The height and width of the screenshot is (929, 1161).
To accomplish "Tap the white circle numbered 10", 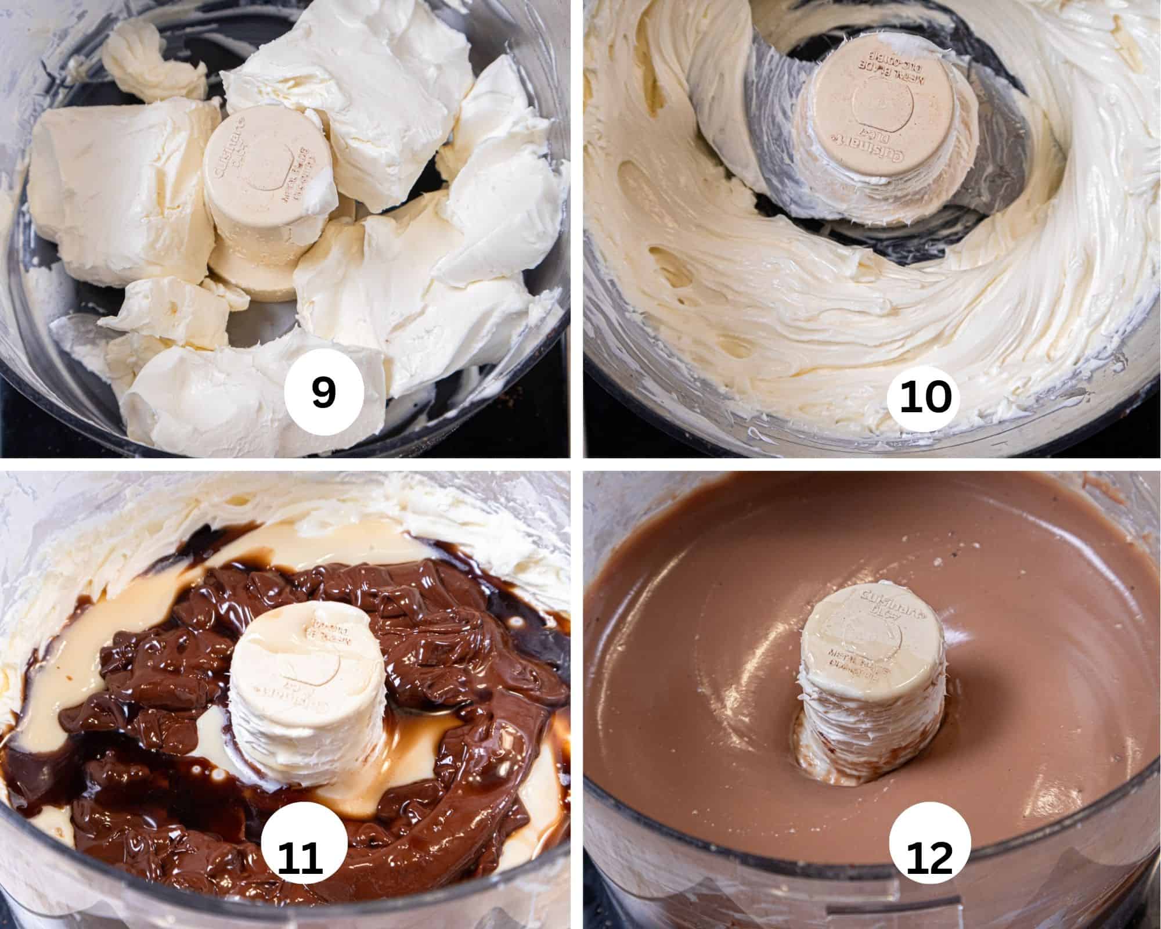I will [x=926, y=398].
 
